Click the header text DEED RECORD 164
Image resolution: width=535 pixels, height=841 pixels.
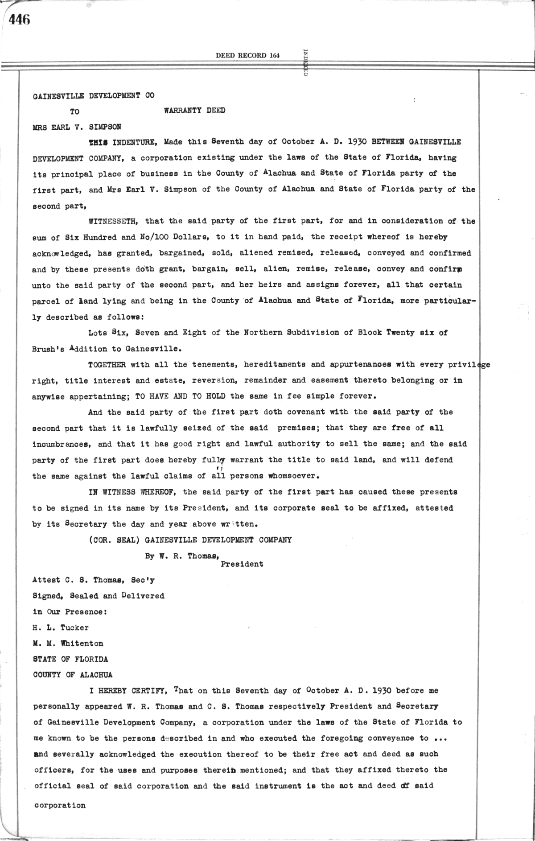[247, 56]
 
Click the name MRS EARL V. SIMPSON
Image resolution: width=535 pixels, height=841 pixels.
[77, 127]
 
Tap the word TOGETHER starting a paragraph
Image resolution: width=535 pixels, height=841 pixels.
[107, 365]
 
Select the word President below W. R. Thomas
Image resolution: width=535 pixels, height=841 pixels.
[242, 564]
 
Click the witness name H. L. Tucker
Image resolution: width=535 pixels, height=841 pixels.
[61, 628]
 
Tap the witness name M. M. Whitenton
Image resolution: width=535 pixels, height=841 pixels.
[68, 643]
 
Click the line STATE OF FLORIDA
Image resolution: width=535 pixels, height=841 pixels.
[70, 659]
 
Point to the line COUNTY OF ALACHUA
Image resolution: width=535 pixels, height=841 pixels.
[73, 675]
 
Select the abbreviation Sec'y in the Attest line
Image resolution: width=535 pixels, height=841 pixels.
[143, 580]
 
